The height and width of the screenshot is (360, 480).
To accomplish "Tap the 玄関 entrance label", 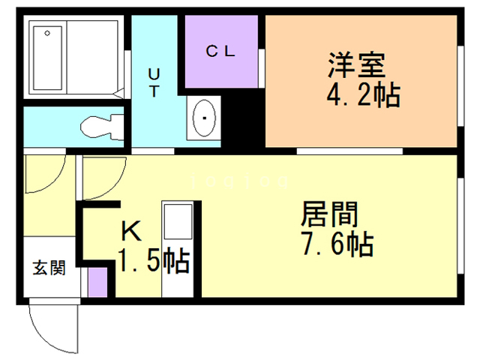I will [x=47, y=268].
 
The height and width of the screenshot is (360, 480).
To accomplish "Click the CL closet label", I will [x=222, y=52].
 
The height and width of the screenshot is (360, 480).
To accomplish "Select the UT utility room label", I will [x=153, y=82].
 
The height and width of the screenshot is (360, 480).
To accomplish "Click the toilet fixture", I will [x=102, y=127].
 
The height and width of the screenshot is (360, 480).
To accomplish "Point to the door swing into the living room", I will [x=101, y=175].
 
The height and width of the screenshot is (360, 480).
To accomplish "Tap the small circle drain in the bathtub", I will [x=47, y=33].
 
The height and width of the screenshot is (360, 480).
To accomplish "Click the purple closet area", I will [x=222, y=64].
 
